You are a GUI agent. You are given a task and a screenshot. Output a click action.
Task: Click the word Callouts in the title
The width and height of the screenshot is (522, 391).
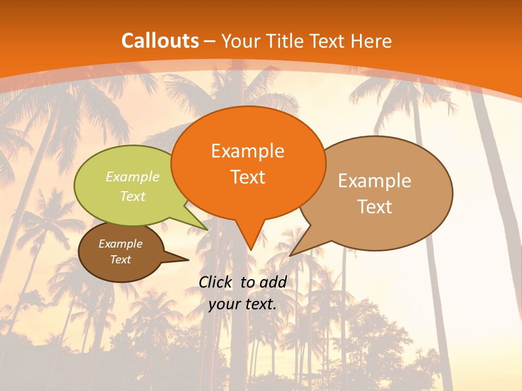point(160,41)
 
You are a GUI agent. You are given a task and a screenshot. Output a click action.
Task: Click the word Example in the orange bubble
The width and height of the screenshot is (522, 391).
point(247,151)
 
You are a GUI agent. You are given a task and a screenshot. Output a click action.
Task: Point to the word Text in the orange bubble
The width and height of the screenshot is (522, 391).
point(247,177)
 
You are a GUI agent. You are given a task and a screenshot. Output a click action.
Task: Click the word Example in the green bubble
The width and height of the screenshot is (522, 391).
point(132,177)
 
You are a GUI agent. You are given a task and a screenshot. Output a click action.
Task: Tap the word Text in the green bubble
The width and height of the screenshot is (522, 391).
point(132,196)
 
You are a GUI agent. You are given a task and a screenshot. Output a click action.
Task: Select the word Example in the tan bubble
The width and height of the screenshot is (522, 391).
point(375,181)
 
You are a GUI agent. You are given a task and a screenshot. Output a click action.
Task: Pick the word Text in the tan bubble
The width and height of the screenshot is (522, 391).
point(375,207)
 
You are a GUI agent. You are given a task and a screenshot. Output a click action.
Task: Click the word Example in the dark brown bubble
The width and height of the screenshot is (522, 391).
point(120,244)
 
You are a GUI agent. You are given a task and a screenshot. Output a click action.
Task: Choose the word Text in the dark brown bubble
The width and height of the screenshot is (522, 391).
point(120,260)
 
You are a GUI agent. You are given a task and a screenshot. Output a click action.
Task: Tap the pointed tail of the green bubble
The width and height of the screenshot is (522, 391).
point(201,225)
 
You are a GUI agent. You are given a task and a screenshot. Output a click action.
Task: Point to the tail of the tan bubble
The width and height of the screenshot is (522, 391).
point(296,251)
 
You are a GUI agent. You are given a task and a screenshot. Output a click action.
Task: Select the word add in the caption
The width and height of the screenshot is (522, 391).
point(273,282)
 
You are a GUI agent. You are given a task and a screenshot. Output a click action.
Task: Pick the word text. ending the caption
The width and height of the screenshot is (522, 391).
point(260,304)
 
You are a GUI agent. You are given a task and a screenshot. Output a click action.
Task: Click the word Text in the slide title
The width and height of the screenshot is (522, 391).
point(328,41)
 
